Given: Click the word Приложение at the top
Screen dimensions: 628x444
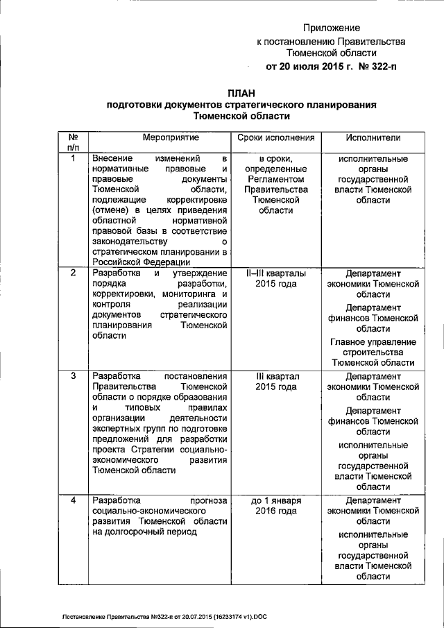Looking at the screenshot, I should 332,28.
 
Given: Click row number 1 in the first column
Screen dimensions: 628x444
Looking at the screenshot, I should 74,159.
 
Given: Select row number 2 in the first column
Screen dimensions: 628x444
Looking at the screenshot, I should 74,272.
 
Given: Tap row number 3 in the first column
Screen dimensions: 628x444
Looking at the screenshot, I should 74,376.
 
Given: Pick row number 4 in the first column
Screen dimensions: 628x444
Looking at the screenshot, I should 74,500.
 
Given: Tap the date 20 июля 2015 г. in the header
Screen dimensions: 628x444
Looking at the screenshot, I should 309,67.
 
